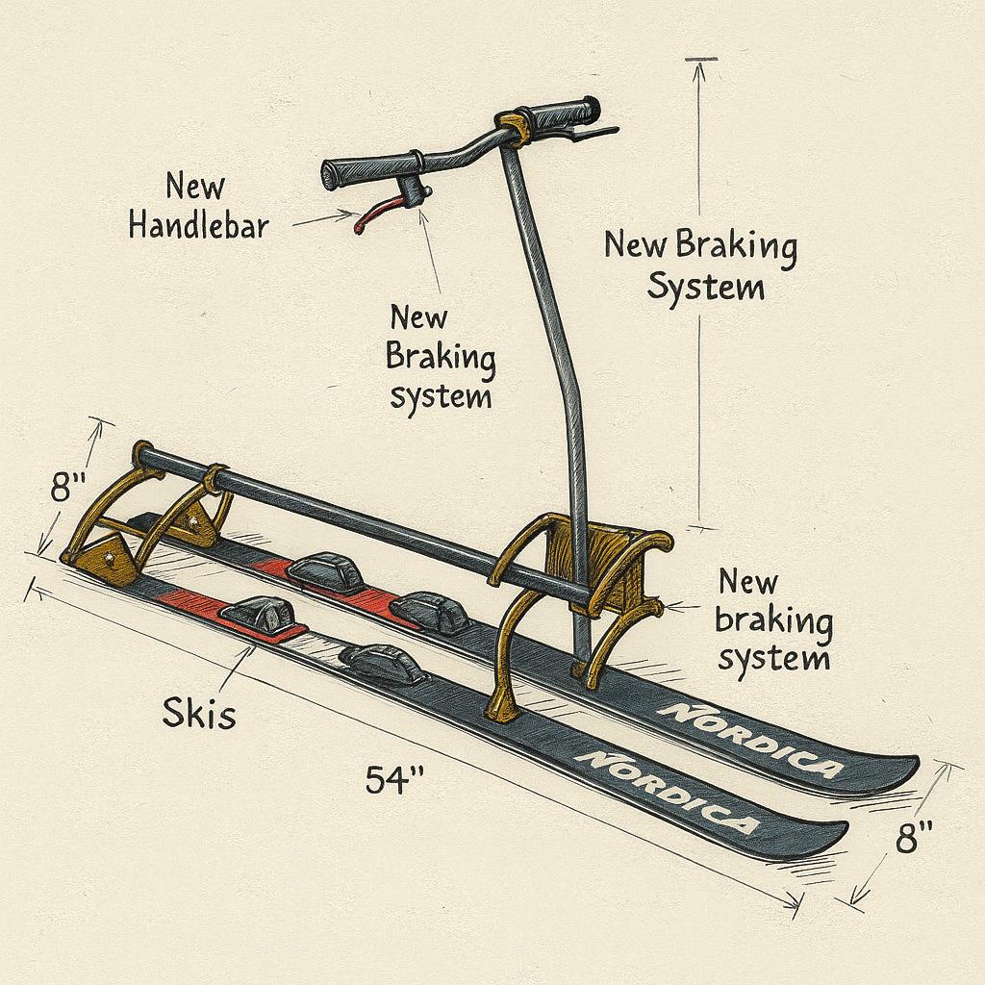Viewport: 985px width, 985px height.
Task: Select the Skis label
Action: tap(199, 714)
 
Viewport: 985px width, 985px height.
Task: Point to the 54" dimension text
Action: tap(395, 778)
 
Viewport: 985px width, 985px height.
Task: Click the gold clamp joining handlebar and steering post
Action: tap(515, 128)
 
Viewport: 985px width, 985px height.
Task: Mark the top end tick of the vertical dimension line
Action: tap(701, 60)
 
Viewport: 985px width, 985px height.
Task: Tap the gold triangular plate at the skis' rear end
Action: tap(107, 557)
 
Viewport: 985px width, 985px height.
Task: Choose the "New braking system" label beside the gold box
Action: tap(772, 619)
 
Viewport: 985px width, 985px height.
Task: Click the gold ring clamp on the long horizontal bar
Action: tap(215, 475)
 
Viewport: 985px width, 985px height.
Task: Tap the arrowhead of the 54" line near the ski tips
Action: tap(796, 901)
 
